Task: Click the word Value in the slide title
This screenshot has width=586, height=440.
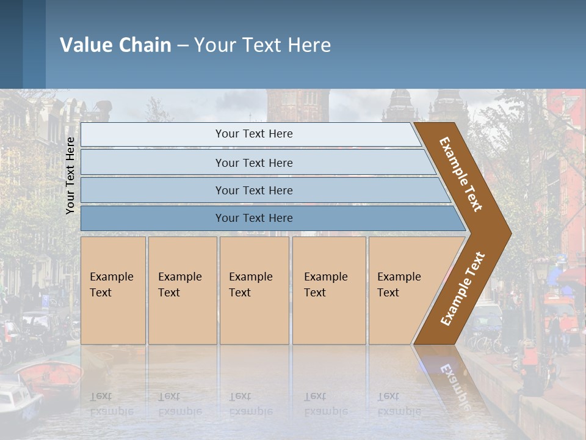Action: pyautogui.click(x=85, y=45)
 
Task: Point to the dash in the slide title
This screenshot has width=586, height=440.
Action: pyautogui.click(x=183, y=46)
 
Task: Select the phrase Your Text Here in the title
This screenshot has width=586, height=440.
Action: pyautogui.click(x=262, y=45)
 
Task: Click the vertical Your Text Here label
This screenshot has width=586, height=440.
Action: pyautogui.click(x=70, y=175)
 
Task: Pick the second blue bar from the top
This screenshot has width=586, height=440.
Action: pyautogui.click(x=253, y=163)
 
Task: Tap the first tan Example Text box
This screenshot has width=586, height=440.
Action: pyautogui.click(x=113, y=290)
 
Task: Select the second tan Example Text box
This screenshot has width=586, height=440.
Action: pyautogui.click(x=183, y=290)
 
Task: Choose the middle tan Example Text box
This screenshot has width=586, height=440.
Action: pyautogui.click(x=254, y=290)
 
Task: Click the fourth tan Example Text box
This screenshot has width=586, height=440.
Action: pyautogui.click(x=329, y=290)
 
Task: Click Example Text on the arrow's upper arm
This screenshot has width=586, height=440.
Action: pyautogui.click(x=461, y=174)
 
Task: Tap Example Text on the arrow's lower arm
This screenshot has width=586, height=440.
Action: pyautogui.click(x=463, y=288)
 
